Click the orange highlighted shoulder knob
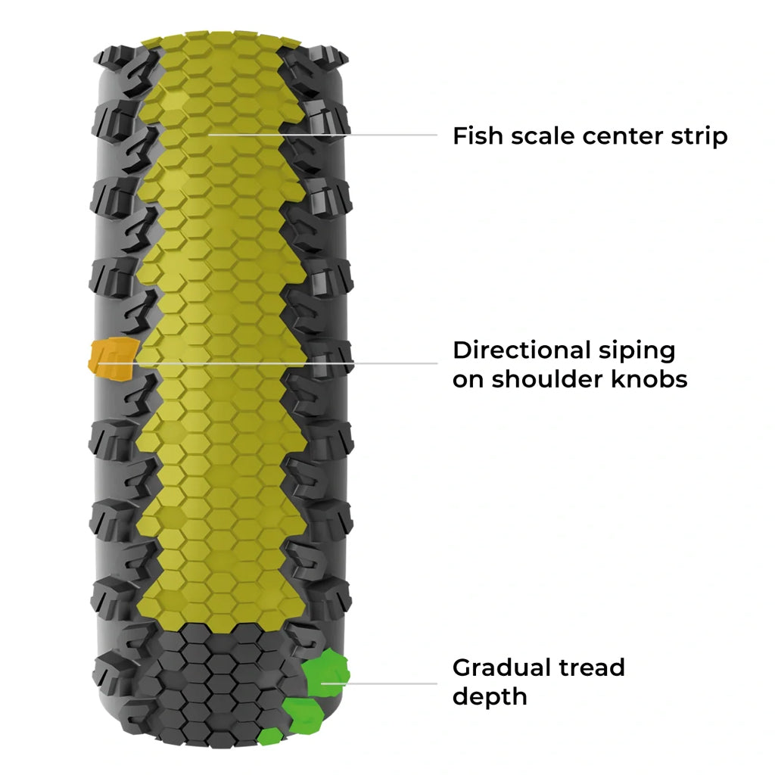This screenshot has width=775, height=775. tap(113, 355)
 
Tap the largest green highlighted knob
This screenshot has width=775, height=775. tap(325, 673)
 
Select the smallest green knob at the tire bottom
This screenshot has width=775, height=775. tap(269, 736)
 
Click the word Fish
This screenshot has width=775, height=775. tap(475, 136)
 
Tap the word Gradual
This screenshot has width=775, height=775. tap(498, 668)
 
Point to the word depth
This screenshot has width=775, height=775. tap(489, 697)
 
